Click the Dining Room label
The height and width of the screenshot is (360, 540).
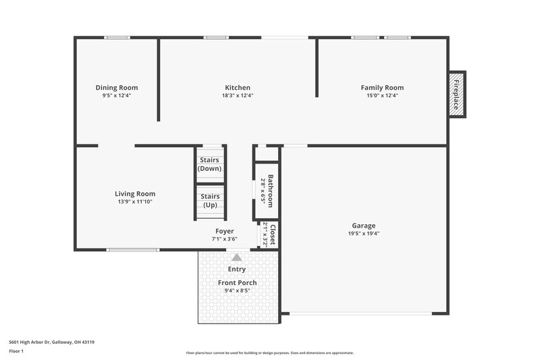117,87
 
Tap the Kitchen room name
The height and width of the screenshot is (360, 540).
238,87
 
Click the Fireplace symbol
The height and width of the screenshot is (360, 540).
457,94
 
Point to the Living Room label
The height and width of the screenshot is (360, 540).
135,193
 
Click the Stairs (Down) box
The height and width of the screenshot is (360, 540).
210,164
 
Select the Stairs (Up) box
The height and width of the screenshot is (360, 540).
210,201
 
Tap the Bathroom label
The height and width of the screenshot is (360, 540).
270,191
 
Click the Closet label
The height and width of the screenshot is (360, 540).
273,234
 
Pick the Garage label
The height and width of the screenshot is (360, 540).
364,226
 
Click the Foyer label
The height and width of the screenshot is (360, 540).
225,231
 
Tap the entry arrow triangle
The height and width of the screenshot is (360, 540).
236,257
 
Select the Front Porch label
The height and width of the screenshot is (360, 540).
237,282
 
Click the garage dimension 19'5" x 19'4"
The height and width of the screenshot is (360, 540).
364,234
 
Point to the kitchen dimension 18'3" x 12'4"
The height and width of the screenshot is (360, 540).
238,95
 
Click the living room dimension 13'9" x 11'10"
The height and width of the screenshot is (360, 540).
135,201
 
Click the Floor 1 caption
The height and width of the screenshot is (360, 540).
16,351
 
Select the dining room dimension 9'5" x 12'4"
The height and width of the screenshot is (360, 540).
117,95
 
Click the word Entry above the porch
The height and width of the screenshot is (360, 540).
237,269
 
